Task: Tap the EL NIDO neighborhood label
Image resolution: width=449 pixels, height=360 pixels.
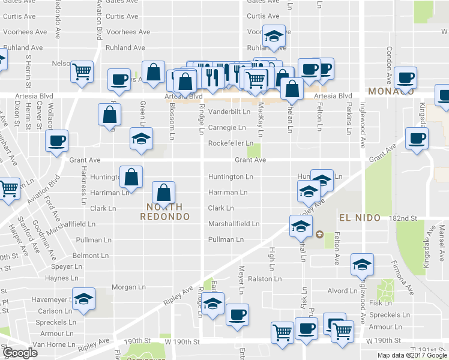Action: (360, 217)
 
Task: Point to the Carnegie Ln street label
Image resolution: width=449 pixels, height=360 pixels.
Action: (227, 128)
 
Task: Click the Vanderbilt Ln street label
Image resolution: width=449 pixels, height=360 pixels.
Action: (229, 112)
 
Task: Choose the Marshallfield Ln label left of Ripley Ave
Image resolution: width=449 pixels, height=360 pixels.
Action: (233, 224)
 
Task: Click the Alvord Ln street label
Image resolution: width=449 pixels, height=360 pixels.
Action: (342, 291)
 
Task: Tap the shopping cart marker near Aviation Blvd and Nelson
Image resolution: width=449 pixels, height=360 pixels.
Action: (82, 71)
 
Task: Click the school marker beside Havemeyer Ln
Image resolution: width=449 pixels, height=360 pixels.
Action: (84, 298)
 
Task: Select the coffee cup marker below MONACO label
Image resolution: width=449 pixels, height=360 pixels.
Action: (416, 139)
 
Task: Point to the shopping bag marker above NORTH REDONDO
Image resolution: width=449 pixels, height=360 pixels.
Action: (163, 193)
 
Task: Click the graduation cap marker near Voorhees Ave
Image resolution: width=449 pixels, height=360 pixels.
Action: (274, 37)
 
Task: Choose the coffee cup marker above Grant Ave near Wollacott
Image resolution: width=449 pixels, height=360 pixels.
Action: (57, 142)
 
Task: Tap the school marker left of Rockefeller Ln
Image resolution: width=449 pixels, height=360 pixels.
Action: (141, 139)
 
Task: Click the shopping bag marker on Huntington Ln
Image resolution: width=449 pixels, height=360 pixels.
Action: (131, 176)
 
